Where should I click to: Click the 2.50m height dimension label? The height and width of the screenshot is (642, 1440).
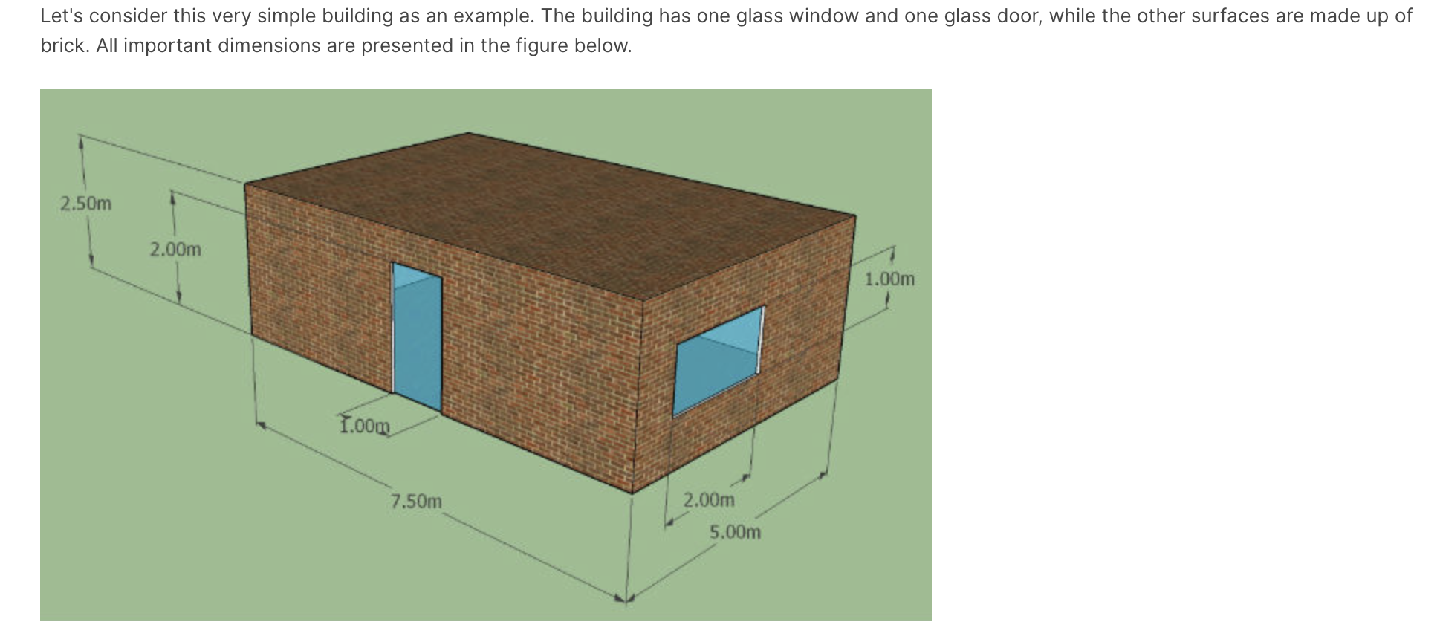point(85,203)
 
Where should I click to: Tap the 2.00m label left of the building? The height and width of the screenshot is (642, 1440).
point(175,250)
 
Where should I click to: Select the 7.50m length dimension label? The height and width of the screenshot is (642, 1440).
point(416,502)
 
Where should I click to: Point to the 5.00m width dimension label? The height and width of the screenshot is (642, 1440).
point(735,533)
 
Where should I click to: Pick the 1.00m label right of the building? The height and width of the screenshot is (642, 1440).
point(889,279)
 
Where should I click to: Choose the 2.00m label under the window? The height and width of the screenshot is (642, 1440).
point(709,500)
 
